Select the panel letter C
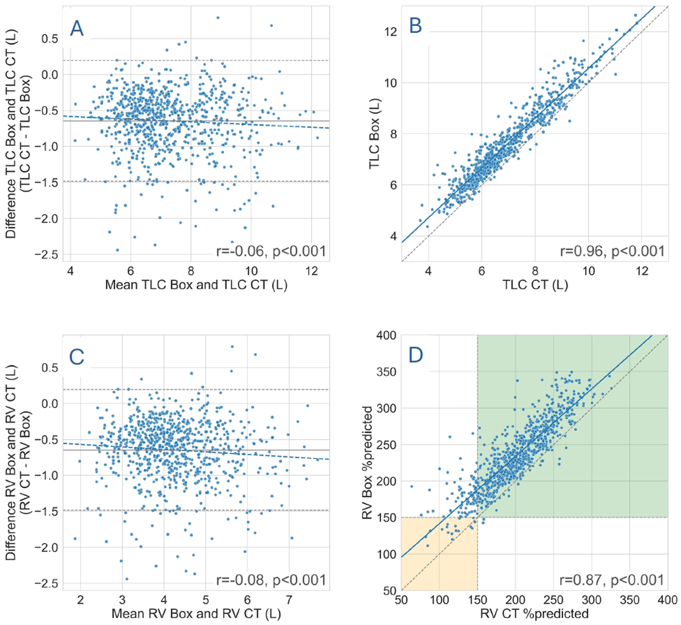(77, 357)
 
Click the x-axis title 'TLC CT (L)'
(535, 285)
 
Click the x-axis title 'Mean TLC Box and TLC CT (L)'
(196, 285)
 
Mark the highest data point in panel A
(218, 18)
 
